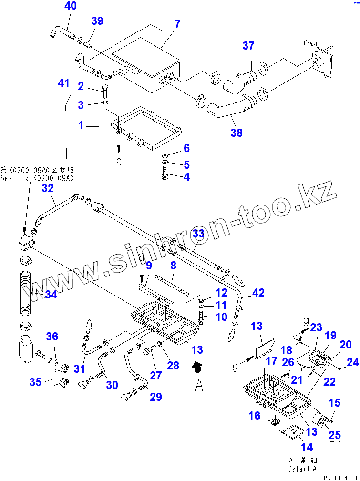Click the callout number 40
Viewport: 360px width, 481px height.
click(x=70, y=6)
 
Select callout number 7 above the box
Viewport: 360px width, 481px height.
click(x=177, y=24)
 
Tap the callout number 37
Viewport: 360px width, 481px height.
click(x=248, y=46)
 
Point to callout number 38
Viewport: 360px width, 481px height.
click(x=237, y=133)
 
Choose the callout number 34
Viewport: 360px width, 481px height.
click(x=51, y=295)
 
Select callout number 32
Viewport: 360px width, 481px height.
click(x=48, y=188)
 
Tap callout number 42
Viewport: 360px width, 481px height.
click(x=258, y=293)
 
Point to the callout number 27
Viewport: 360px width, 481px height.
click(x=156, y=375)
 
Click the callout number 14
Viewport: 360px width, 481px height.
click(x=307, y=447)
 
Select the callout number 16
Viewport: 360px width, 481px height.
click(x=255, y=417)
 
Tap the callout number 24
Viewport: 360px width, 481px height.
click(x=352, y=363)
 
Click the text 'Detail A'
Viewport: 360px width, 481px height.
click(x=302, y=469)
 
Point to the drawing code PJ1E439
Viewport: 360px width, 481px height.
click(x=340, y=477)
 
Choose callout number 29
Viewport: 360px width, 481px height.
click(x=156, y=397)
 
